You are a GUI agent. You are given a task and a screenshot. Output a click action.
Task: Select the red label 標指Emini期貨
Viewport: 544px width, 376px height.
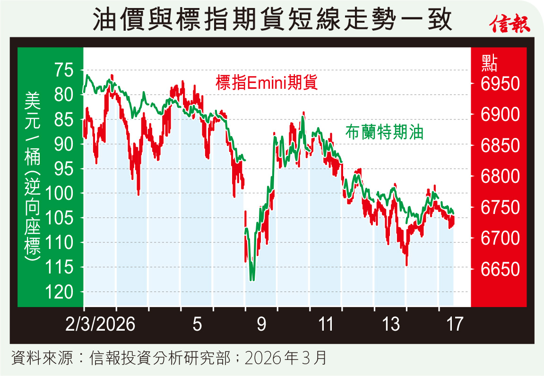267,83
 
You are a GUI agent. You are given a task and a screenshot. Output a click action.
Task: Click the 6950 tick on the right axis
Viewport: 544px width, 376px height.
500,84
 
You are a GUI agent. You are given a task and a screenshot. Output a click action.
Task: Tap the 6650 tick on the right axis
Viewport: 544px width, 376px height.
500,269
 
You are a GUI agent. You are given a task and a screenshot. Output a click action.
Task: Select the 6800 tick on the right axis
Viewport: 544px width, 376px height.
500,177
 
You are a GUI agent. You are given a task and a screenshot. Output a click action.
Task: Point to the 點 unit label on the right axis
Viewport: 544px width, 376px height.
489,62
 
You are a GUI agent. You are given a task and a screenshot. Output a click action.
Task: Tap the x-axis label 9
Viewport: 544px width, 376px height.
261,325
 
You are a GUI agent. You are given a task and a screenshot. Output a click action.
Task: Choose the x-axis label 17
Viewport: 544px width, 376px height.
454,325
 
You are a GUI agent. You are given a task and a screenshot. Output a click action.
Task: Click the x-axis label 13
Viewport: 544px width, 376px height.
390,325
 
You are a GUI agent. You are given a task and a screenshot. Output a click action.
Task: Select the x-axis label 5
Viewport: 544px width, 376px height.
197,325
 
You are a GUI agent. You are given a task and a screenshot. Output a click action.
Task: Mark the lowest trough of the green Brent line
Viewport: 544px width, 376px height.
252,280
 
